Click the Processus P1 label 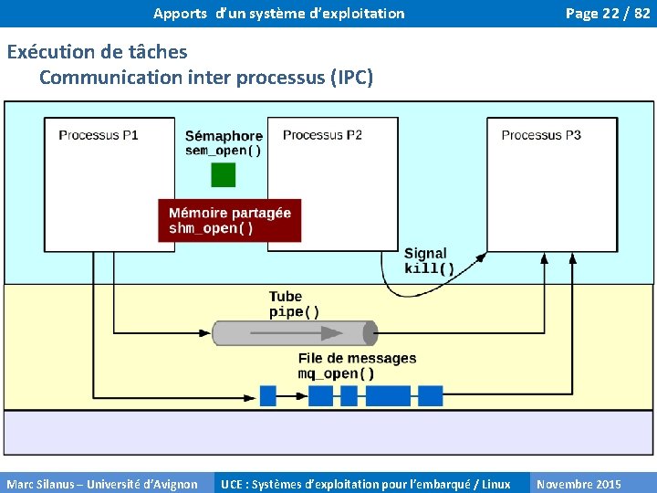coord(99,135)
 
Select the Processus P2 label coord(322,135)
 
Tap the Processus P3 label coord(541,135)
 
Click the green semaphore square coord(224,174)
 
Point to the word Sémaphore coord(224,137)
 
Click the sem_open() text coord(224,151)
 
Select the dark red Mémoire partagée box coord(229,220)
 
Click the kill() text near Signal coord(429,268)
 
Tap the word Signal coord(425,254)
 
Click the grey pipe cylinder coord(295,333)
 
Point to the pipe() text coord(294,311)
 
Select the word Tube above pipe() coord(285,297)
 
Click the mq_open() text coord(336,373)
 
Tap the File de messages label coord(357,359)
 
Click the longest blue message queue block coord(388,395)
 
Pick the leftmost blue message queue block coord(267,395)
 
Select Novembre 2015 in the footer coord(579,484)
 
